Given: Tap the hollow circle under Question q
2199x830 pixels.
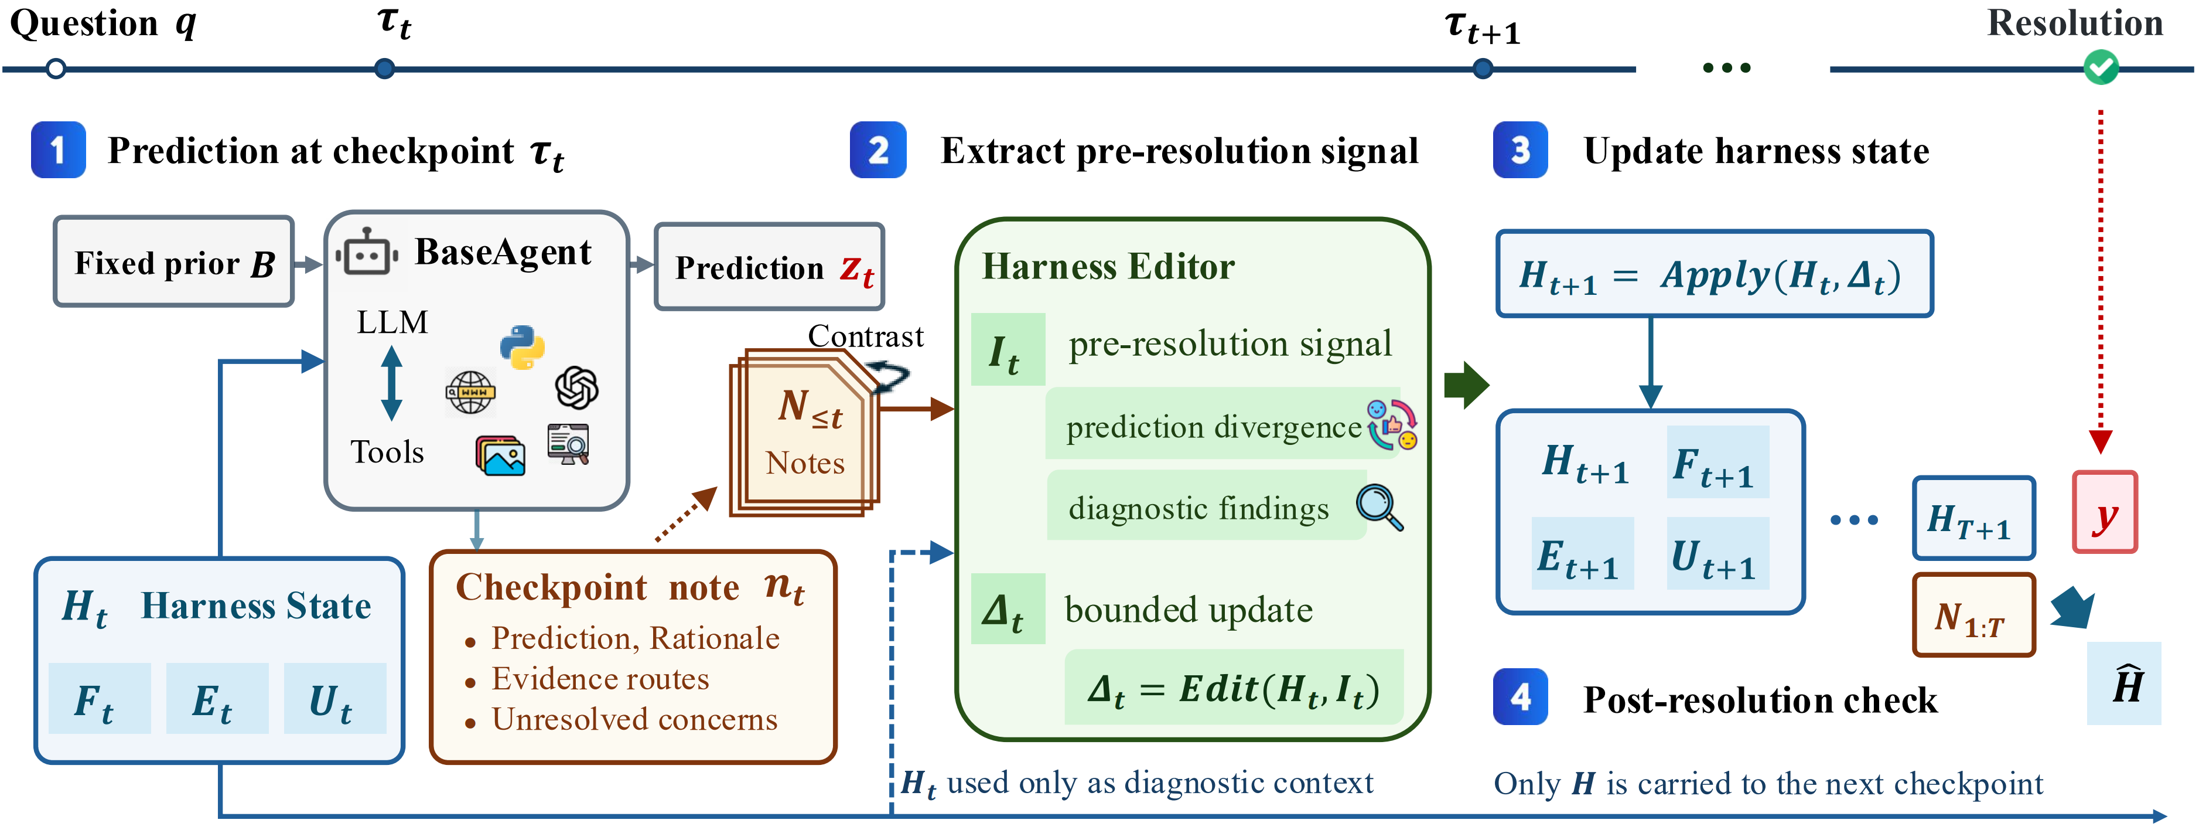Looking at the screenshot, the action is pyautogui.click(x=56, y=69).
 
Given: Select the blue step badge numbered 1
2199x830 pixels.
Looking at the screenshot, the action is pyautogui.click(x=58, y=150).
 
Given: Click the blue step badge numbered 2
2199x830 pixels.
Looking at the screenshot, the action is pyautogui.click(x=877, y=150).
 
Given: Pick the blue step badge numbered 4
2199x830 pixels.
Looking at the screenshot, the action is pyautogui.click(x=1520, y=697).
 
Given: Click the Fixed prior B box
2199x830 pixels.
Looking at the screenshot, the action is pyautogui.click(x=174, y=261).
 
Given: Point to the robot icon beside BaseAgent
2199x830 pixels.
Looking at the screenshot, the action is pyautogui.click(x=367, y=252).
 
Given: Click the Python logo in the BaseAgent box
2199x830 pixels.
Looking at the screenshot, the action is pyautogui.click(x=523, y=346).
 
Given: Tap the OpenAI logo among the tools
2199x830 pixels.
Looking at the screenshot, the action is pyautogui.click(x=576, y=387).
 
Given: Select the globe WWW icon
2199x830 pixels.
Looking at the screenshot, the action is pyautogui.click(x=470, y=393).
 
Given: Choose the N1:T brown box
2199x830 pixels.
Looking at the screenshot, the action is pyautogui.click(x=1973, y=615).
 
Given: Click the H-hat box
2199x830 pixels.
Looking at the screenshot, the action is pyautogui.click(x=2124, y=683).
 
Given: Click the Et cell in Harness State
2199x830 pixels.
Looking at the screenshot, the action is pyautogui.click(x=217, y=699).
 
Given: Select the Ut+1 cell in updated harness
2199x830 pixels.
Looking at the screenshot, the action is pyautogui.click(x=1717, y=553).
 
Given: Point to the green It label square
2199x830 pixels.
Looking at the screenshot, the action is pyautogui.click(x=1008, y=349).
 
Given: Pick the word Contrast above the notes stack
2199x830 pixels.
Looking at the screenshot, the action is pyautogui.click(x=866, y=336).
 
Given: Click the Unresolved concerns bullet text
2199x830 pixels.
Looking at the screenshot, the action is pyautogui.click(x=634, y=719).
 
